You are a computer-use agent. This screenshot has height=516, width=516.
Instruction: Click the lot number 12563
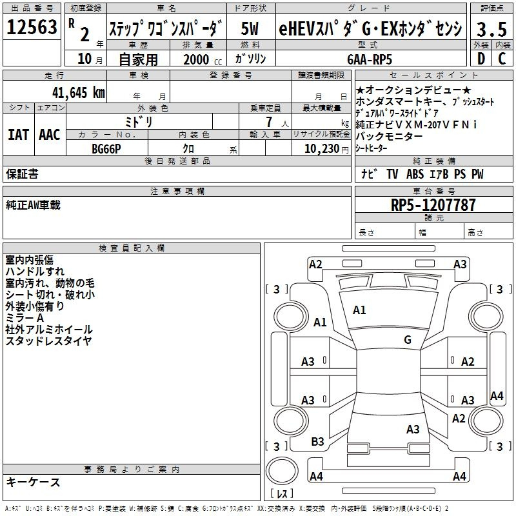(32, 26)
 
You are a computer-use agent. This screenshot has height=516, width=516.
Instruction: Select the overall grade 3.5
(491, 29)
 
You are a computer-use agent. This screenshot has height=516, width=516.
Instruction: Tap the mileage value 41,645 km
(79, 93)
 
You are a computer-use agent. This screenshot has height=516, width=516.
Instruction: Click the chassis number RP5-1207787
(433, 204)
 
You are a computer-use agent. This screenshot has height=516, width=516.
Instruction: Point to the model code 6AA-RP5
(370, 59)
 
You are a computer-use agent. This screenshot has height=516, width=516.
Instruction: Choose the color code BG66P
(106, 149)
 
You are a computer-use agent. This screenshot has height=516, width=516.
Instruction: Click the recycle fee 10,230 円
(326, 149)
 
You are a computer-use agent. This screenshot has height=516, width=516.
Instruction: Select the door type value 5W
(250, 28)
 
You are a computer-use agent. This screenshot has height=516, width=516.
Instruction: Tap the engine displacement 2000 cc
(203, 59)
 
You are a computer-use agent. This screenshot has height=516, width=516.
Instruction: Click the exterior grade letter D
(481, 59)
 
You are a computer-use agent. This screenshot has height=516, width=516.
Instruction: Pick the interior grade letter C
(502, 59)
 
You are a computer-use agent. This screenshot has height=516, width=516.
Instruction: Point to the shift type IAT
(19, 135)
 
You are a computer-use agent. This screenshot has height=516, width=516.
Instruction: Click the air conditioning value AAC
(50, 135)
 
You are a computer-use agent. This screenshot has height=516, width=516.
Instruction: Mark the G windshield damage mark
(408, 339)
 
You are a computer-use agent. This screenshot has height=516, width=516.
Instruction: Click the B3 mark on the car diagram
(317, 441)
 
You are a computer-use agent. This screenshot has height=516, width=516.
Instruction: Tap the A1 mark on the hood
(359, 310)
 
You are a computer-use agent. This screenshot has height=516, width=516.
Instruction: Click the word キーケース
(34, 482)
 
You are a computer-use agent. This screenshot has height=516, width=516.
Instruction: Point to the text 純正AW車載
(34, 204)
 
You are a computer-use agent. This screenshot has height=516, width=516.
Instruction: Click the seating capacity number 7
(269, 122)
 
